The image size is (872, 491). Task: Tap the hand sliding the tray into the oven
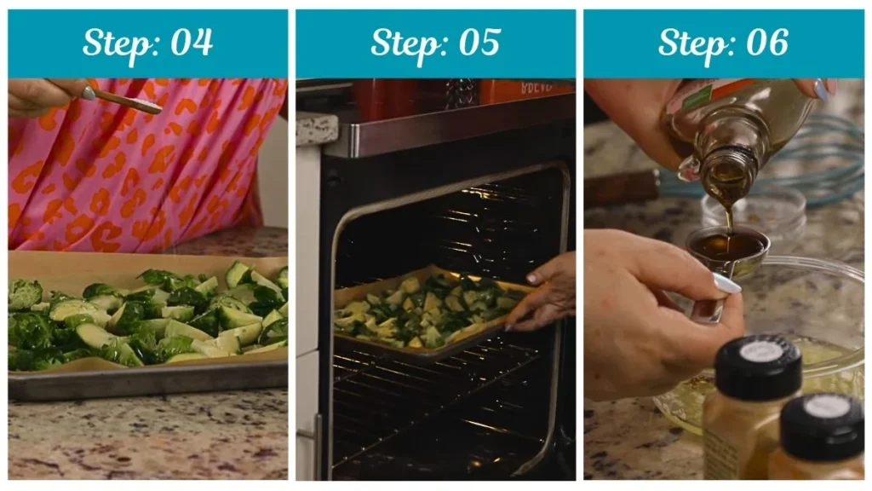pos(545,294)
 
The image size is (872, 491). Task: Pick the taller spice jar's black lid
pos(758,366)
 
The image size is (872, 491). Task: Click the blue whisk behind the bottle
pos(817,162)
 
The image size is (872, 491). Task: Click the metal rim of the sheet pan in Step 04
pos(145,378)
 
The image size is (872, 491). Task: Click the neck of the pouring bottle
pos(724,170)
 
